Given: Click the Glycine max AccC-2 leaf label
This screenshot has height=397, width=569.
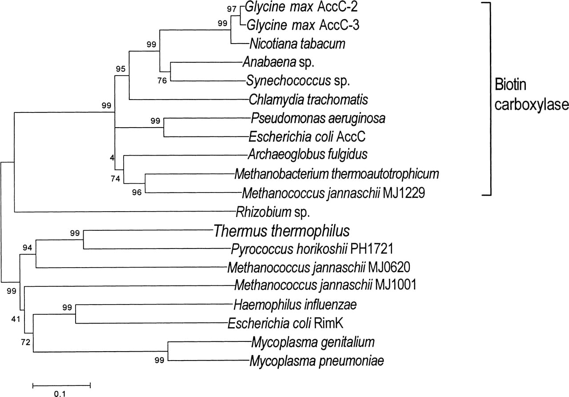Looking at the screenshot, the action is [x=301, y=7].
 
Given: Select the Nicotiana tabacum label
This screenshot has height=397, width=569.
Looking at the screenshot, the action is [x=297, y=44].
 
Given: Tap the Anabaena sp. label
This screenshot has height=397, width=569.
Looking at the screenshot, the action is [x=279, y=62].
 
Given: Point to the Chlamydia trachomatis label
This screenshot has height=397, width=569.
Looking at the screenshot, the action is [x=309, y=100].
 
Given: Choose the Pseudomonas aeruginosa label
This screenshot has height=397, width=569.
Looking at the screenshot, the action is [x=318, y=118].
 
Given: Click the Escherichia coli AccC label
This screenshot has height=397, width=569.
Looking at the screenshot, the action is [x=307, y=137].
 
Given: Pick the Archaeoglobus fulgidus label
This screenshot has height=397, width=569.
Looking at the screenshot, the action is [x=308, y=154].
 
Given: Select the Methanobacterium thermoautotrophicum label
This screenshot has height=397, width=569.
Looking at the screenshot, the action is [x=337, y=174].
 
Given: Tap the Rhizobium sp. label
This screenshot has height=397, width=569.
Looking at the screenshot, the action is [x=273, y=212].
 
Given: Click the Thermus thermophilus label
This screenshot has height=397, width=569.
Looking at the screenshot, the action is [x=282, y=231].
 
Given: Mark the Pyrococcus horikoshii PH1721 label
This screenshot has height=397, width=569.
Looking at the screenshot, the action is [x=312, y=249].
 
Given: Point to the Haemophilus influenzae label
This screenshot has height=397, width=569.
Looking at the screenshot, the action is [x=295, y=305].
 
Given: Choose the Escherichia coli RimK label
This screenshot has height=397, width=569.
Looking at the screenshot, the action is [x=285, y=323].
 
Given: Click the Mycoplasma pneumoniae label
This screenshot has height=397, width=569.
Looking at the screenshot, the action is [x=317, y=361].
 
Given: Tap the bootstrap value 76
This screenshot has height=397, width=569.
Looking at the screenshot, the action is [x=162, y=81].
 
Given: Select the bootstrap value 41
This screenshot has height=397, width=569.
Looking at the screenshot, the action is [x=16, y=319].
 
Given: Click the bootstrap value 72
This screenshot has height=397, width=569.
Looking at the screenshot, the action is [x=26, y=342].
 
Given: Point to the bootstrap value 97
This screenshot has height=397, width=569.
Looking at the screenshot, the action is [x=232, y=9].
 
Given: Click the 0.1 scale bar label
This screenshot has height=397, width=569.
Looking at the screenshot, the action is [x=60, y=393].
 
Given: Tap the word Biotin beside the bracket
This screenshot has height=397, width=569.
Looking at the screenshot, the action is [x=511, y=85].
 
